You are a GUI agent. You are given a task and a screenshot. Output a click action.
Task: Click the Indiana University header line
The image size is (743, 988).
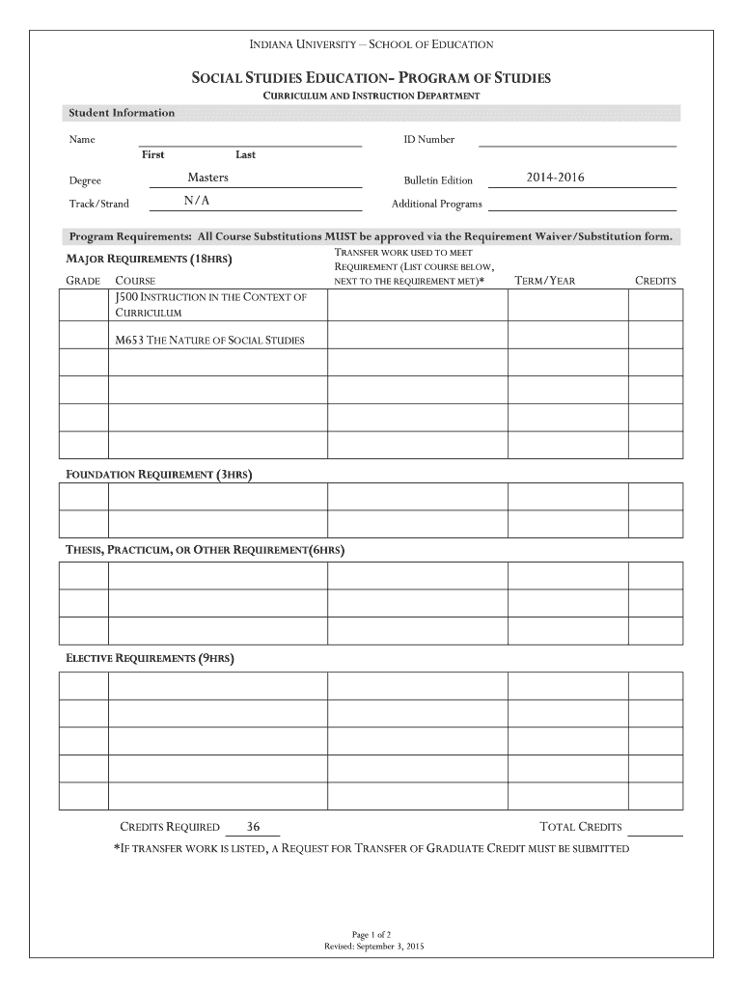[371, 44]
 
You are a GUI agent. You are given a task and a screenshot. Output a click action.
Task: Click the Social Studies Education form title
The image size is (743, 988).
[371, 77]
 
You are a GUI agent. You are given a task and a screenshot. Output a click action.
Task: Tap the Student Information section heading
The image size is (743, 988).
[122, 113]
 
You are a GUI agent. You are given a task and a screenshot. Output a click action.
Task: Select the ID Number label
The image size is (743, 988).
[428, 139]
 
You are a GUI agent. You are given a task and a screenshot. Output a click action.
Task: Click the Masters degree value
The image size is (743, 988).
[207, 178]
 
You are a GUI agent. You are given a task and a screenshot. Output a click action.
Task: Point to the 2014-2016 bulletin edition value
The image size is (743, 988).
[555, 178]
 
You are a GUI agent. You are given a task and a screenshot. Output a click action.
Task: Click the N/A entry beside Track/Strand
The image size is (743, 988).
[196, 201]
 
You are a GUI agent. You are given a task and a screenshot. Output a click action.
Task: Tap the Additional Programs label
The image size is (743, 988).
[436, 204]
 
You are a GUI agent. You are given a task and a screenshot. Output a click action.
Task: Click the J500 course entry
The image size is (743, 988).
[210, 304]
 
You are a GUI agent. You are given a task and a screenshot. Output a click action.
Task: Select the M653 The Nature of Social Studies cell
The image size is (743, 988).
[209, 340]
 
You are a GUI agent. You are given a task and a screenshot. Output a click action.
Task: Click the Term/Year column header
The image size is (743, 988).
[545, 281]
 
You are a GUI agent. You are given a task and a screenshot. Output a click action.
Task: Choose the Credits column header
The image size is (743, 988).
[655, 281]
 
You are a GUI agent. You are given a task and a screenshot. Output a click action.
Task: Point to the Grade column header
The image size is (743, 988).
[83, 281]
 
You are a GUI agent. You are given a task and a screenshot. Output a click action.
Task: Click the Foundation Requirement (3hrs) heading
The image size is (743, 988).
[158, 475]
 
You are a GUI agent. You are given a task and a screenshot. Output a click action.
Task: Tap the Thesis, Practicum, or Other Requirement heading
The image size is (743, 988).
[204, 550]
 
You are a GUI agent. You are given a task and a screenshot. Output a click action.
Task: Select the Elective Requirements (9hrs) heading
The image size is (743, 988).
[150, 658]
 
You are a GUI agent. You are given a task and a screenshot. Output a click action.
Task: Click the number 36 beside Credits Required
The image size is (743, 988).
[254, 827]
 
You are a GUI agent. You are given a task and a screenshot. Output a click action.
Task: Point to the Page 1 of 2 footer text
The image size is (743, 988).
[371, 935]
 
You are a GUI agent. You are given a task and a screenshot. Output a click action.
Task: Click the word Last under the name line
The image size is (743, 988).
[245, 155]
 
